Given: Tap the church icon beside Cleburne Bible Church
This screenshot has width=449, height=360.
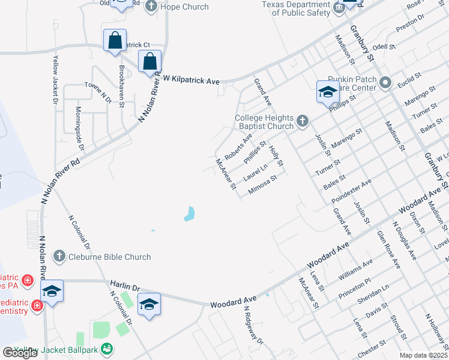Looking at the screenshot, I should click(x=59, y=257).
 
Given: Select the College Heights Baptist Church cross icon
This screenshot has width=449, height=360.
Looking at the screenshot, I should click(x=302, y=122).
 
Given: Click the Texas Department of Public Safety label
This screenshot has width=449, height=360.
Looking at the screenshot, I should click(x=295, y=8).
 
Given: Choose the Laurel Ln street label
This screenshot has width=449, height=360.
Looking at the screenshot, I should click(x=256, y=174).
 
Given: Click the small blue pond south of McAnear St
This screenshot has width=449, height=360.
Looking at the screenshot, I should click(x=190, y=214).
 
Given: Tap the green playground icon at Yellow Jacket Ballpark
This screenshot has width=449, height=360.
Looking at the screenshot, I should click(x=107, y=348).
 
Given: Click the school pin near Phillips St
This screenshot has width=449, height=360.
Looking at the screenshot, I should click(x=328, y=92).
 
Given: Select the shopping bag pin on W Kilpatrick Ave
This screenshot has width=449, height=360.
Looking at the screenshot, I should click(x=149, y=61).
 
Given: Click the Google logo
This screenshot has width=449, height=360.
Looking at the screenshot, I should click(x=20, y=353).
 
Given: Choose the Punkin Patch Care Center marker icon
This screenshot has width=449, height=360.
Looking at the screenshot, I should click(x=385, y=82).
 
